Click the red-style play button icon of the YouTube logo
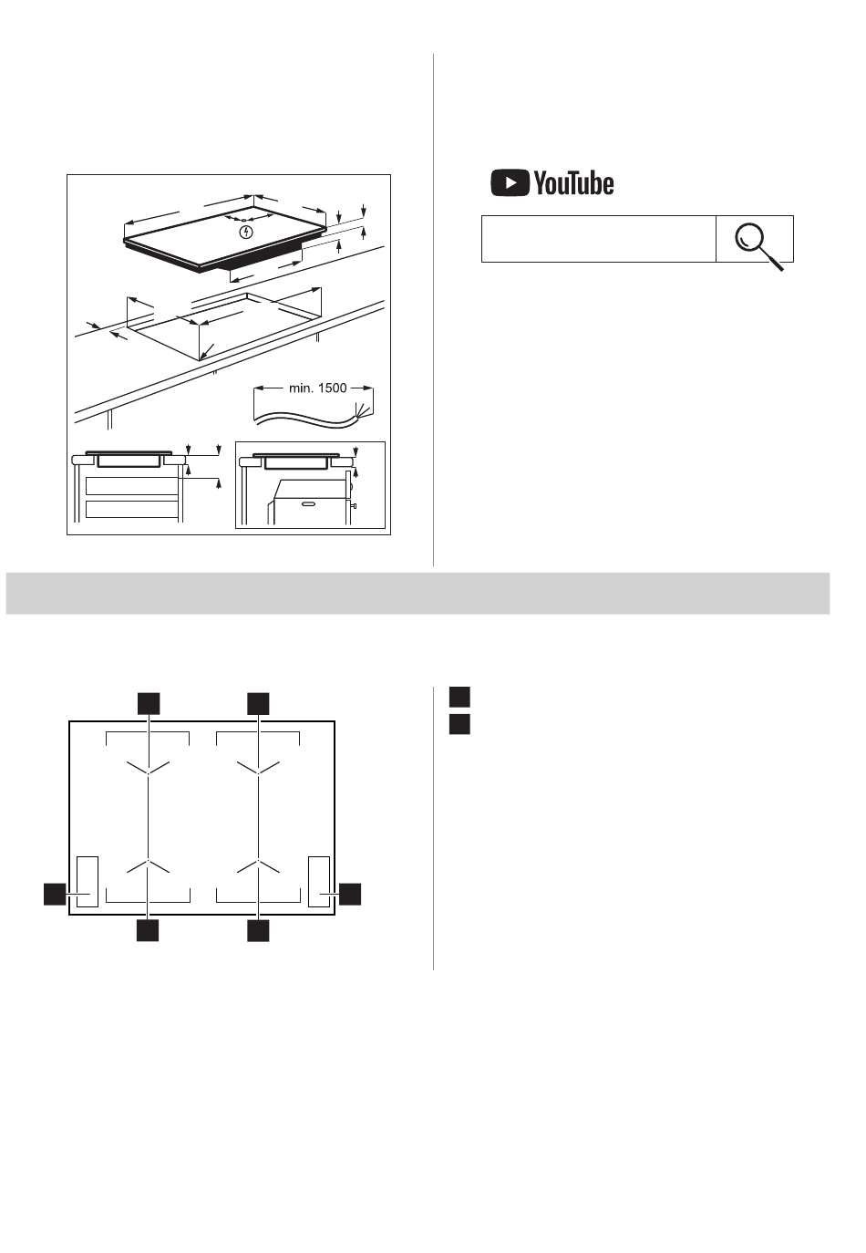510,182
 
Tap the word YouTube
573,183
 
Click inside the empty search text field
598,239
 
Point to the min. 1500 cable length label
317,388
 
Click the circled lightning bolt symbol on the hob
246,232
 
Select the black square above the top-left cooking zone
149,704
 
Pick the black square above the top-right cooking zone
258,704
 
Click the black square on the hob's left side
55,894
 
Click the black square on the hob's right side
350,894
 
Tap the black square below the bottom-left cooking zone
148,931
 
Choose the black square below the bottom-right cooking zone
258,931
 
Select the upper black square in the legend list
459,697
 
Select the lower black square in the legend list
459,724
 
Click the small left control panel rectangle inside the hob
88,882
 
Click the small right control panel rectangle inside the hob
319,882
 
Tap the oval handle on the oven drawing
309,504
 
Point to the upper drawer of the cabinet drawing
132,486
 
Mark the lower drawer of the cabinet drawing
132,509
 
